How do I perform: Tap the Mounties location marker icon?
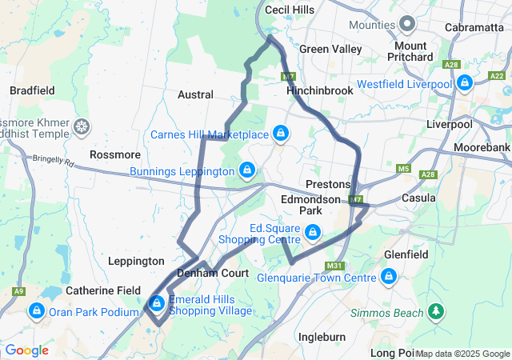click(406, 23)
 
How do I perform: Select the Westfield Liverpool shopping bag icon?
click(465, 83)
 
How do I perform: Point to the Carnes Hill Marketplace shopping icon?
click(281, 133)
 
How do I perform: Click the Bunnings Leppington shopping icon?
click(248, 170)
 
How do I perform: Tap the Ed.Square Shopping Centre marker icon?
click(313, 233)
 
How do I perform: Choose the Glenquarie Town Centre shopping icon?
click(389, 277)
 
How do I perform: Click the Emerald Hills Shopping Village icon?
click(157, 303)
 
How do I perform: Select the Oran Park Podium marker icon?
click(36, 310)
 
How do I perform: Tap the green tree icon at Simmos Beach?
click(436, 311)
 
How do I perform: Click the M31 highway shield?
click(334, 266)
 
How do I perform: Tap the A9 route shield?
click(18, 291)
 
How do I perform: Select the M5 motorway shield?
click(403, 169)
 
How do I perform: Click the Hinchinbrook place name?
click(319, 90)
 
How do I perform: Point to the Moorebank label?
click(481, 149)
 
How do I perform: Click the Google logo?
click(26, 350)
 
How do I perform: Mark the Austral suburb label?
click(195, 94)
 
